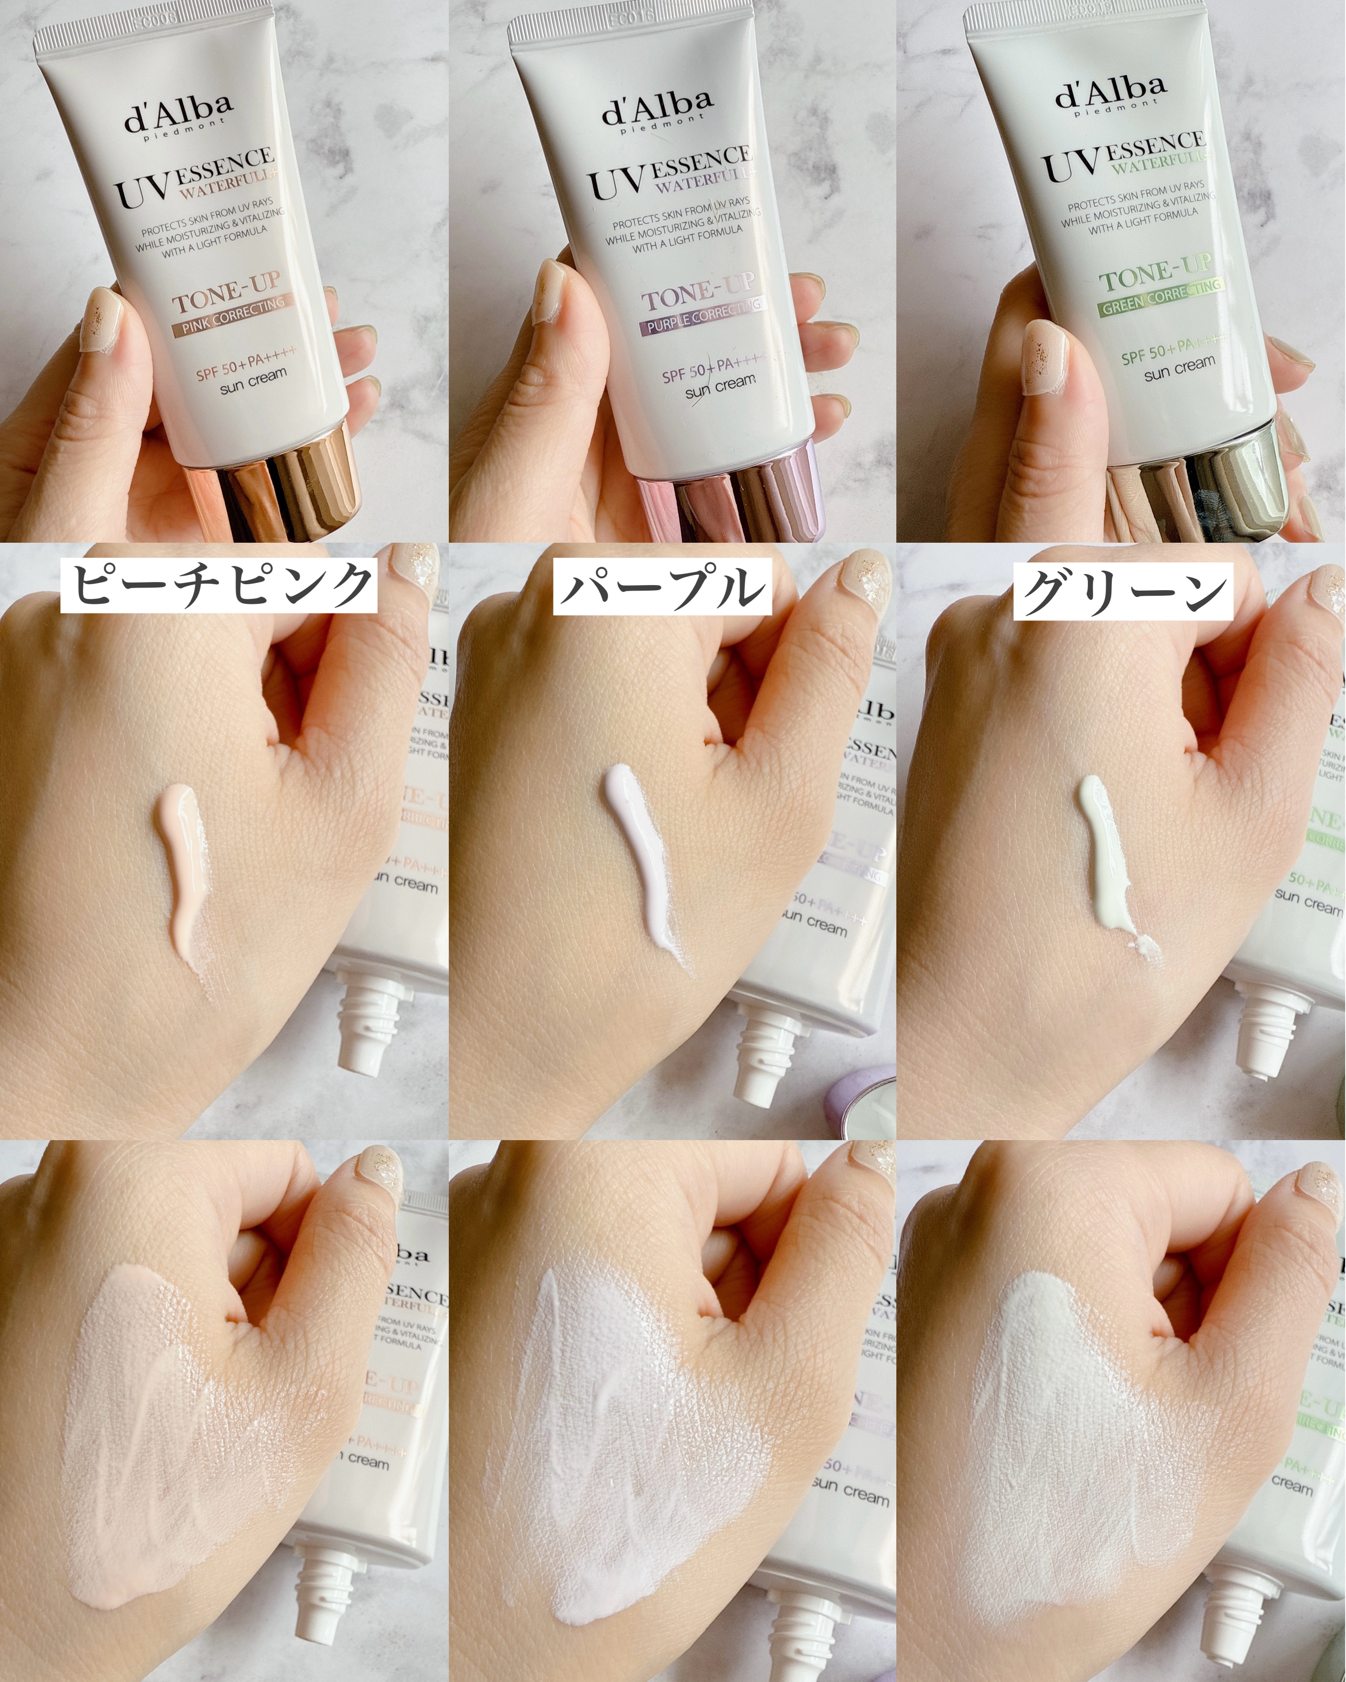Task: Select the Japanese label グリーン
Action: point(1124,591)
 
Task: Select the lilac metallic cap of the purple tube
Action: point(730,499)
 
